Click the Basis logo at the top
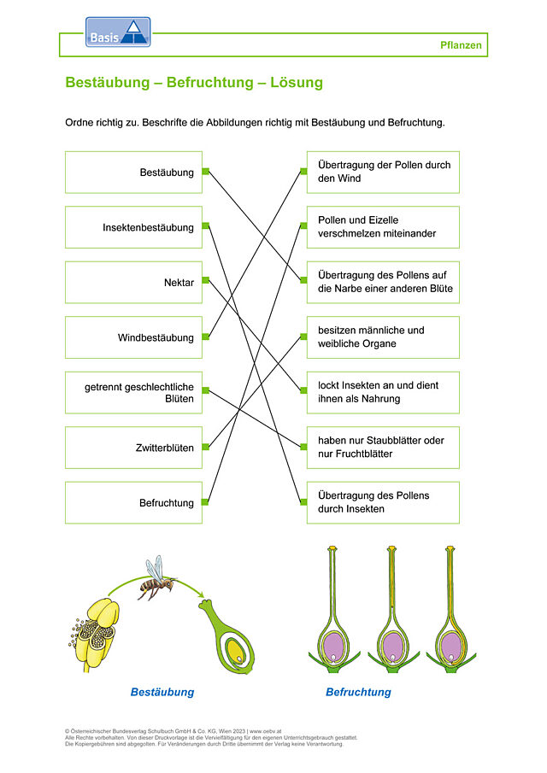pos(118,32)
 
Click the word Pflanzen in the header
pos(461,45)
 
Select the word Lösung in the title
pos(297,82)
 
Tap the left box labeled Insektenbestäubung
pos(133,227)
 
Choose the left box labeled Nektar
pos(133,283)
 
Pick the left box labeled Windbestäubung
pos(133,337)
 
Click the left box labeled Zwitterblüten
pos(133,448)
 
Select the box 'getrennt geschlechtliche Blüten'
pos(133,393)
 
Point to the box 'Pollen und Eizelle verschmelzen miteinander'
pos(383,227)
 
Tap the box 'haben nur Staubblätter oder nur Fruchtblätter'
pos(383,448)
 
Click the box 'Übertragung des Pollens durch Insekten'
pos(383,503)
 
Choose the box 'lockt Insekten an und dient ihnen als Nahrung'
pos(383,393)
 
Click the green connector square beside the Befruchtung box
pos(205,502)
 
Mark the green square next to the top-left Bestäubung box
pos(205,172)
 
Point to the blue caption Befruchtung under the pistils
pos(359,692)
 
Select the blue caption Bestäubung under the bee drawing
pos(162,692)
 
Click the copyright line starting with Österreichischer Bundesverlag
pos(174,731)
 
